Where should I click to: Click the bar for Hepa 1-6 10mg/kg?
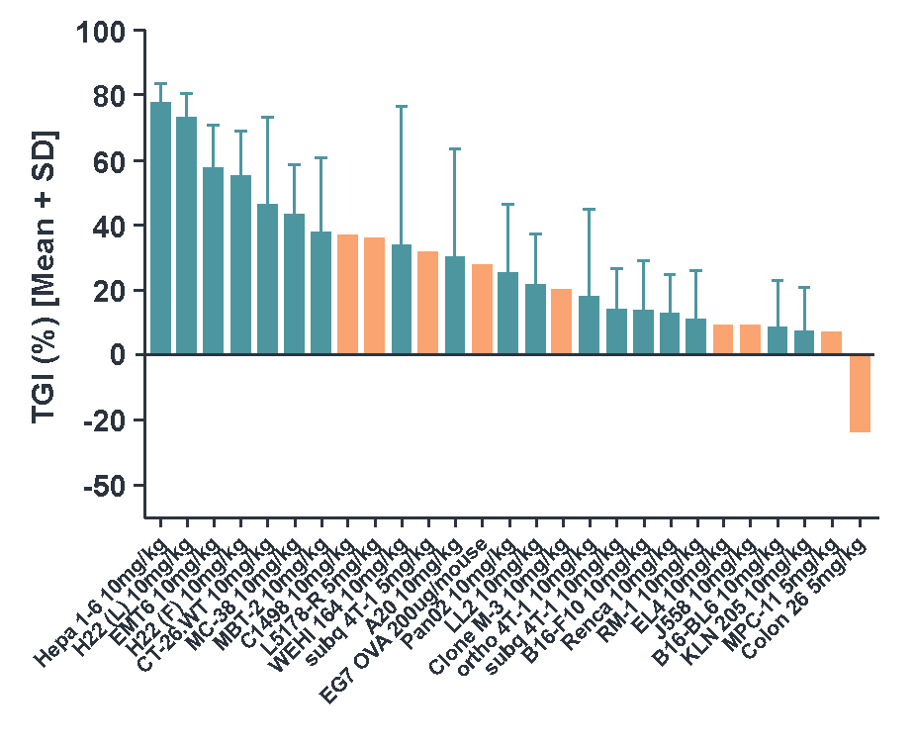(x=160, y=229)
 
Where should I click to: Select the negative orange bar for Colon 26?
(x=860, y=394)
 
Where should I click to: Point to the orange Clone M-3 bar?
(x=561, y=323)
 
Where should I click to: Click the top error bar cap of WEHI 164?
(x=402, y=106)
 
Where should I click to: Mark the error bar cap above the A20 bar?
(x=455, y=148)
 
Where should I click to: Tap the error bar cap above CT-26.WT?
(x=267, y=117)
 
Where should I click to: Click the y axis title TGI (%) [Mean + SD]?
(x=44, y=277)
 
